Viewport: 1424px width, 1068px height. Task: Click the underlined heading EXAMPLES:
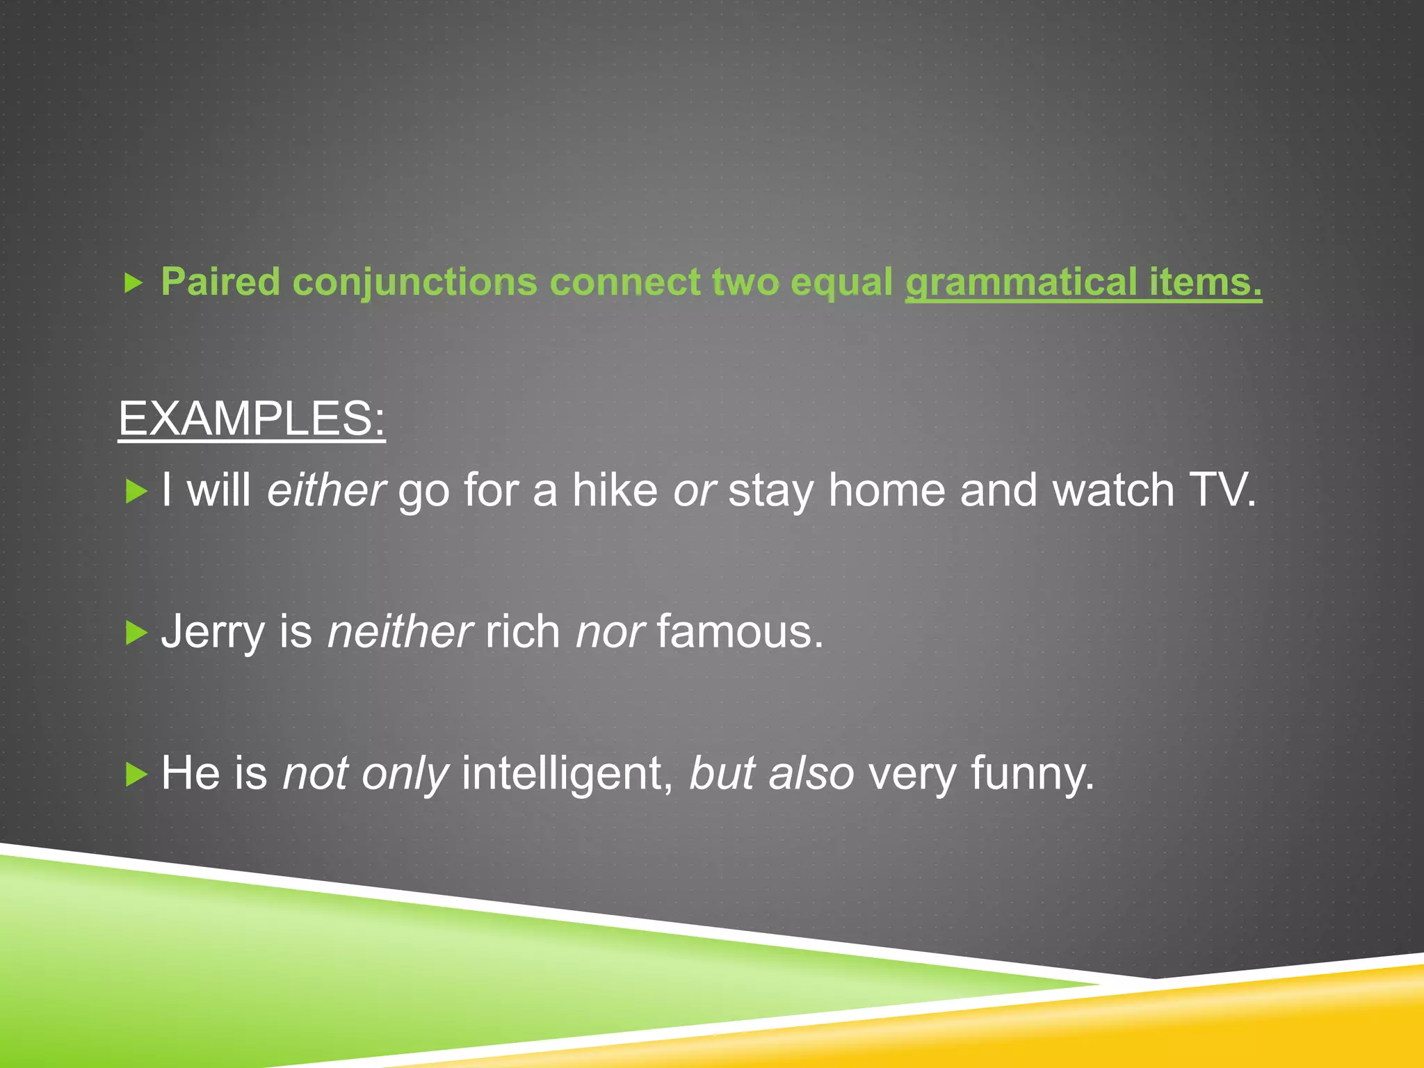pyautogui.click(x=252, y=419)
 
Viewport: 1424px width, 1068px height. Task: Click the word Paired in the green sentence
pyautogui.click(x=220, y=282)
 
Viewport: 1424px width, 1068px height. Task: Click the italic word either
pyautogui.click(x=325, y=490)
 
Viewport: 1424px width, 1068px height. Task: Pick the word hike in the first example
pyautogui.click(x=615, y=490)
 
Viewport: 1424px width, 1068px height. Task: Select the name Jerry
pyautogui.click(x=213, y=633)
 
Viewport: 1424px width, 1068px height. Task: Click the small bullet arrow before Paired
pyautogui.click(x=133, y=283)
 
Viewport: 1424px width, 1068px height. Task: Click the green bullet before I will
pyautogui.click(x=136, y=492)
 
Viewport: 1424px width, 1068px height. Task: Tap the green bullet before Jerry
pyautogui.click(x=136, y=633)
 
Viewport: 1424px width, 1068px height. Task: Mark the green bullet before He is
pyautogui.click(x=136, y=774)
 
